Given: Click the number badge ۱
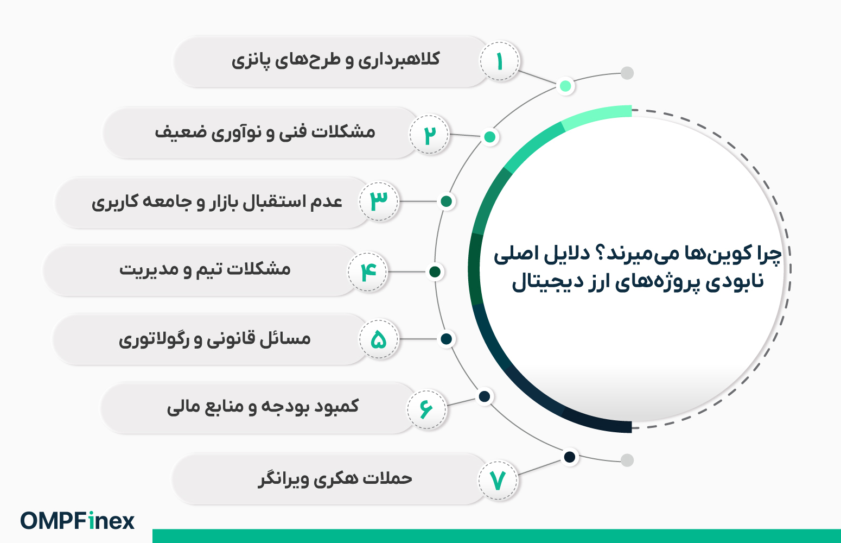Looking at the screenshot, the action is coord(499,61).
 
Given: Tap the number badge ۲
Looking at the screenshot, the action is coord(429,135).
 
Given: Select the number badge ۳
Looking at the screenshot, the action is coord(379,201).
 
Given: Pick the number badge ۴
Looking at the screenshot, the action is coord(367,271).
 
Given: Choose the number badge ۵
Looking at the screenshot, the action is coord(379,339).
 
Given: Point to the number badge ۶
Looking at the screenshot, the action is coord(427,409).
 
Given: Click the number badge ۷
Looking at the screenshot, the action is coord(498,480).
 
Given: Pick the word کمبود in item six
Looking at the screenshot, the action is coord(334,406).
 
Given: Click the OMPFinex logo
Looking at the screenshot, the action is coord(78,521).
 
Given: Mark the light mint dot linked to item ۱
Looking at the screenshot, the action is coord(565,86).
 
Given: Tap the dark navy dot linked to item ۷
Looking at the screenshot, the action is coord(570,457).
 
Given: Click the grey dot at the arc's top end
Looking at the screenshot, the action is coord(627,73).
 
